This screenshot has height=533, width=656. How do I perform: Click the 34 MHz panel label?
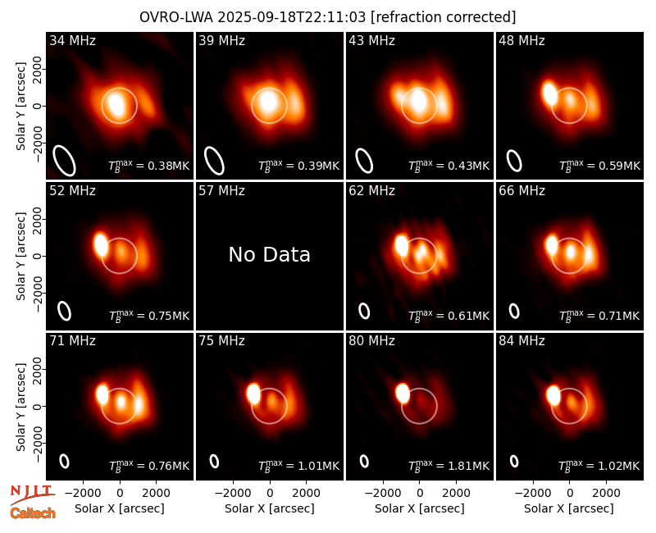(72, 40)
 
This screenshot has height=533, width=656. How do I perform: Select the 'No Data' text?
(270, 254)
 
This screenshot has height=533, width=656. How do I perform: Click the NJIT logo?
(33, 494)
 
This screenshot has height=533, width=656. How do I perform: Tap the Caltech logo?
(33, 513)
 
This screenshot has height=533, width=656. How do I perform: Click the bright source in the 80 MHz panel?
(403, 393)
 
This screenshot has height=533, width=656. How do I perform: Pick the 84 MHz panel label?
(522, 341)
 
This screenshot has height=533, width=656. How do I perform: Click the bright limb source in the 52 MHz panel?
(101, 244)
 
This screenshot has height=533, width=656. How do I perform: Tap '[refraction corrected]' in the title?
(444, 17)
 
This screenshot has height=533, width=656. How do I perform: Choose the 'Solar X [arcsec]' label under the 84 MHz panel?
(569, 508)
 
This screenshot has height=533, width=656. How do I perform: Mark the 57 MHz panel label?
(221, 191)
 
